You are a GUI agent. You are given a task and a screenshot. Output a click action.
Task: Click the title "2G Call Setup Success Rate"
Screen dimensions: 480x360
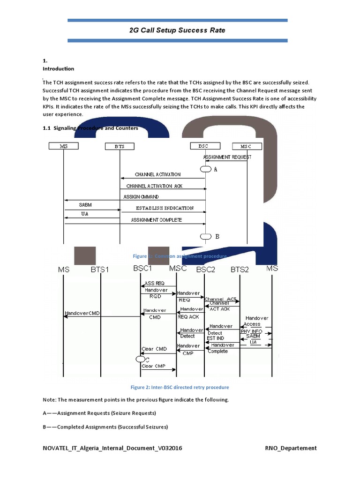coord(177,30)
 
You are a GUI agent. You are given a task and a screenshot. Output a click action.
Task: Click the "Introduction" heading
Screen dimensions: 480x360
coord(58,68)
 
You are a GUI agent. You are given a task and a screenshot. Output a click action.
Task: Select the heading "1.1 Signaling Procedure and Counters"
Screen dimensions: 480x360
coord(90,128)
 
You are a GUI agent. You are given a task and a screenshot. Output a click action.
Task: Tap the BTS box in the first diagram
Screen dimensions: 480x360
coord(120,146)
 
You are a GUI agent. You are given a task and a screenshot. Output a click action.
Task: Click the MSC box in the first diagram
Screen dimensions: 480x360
coord(247,146)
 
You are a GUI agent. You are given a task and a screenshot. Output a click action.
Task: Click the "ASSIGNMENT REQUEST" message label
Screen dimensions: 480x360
coord(227,157)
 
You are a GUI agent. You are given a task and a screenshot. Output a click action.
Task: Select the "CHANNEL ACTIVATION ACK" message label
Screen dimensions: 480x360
coord(154,186)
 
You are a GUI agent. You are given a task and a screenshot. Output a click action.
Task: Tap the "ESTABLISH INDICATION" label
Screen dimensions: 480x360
coord(165,208)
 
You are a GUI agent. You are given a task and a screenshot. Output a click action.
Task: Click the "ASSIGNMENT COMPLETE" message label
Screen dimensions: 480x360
coord(156,220)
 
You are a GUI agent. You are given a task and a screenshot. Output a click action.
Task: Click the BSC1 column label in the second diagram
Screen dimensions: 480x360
coord(142,269)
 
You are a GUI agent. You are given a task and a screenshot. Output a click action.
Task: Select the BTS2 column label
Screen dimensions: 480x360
coord(240,269)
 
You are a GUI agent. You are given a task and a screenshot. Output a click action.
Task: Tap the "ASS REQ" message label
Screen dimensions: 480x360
coord(155,283)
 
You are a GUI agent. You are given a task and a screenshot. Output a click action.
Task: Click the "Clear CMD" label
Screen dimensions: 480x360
coord(154,349)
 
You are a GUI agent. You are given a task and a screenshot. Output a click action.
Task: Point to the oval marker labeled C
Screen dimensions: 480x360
coord(140,359)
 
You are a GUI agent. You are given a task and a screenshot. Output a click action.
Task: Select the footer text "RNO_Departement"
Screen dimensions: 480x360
coord(291,448)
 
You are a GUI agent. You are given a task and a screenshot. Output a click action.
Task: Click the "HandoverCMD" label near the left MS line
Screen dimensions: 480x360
coord(82,313)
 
